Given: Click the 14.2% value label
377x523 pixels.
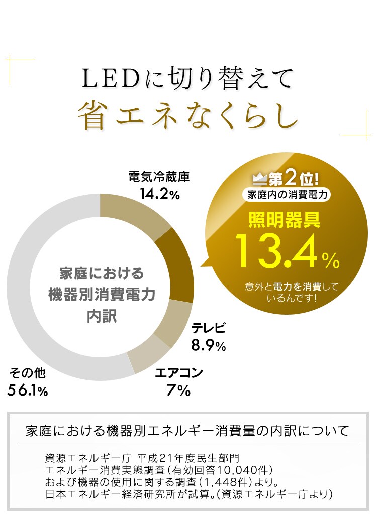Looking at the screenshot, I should coord(159,194).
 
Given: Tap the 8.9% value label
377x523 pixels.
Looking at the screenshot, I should coord(208,345).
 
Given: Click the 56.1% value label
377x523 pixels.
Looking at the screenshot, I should coord(28,390).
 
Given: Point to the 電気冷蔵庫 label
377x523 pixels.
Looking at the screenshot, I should coord(159,177).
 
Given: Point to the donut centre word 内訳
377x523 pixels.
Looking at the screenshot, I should coord(102,317).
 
